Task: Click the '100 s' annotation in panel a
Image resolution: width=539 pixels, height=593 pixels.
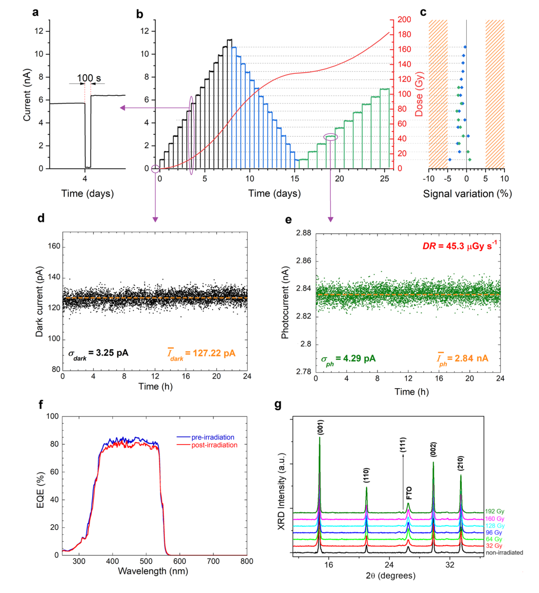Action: [x=89, y=78]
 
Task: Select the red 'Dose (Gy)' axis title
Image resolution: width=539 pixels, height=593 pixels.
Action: [x=420, y=94]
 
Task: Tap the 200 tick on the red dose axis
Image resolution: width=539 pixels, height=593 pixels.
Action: [x=404, y=20]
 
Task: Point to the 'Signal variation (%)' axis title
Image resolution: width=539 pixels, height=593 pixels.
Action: [x=467, y=194]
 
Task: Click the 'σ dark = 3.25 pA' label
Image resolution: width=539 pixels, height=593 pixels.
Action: [x=98, y=354]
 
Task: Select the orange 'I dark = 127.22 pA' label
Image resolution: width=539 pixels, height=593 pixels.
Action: [x=201, y=354]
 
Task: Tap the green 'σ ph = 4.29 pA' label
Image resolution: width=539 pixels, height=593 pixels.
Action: [x=348, y=359]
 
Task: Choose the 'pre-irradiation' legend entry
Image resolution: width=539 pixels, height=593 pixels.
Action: [x=213, y=437]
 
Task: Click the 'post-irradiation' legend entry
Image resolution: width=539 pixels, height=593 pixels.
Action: [x=214, y=445]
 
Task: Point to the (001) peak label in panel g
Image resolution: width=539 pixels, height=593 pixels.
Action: [x=320, y=427]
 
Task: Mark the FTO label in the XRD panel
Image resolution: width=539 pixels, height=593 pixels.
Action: [x=409, y=493]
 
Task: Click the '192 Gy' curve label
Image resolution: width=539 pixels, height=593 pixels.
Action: [x=494, y=511]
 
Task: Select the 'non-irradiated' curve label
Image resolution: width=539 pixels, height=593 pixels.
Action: [x=504, y=553]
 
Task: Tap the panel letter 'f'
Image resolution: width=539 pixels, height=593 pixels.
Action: [x=41, y=405]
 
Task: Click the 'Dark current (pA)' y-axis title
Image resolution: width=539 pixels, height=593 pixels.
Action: [x=40, y=302]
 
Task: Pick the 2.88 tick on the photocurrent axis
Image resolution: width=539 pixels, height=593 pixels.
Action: [x=304, y=233]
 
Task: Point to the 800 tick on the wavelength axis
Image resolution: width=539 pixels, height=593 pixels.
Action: [x=247, y=562]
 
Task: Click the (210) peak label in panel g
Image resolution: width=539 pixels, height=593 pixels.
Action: [x=461, y=463]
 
